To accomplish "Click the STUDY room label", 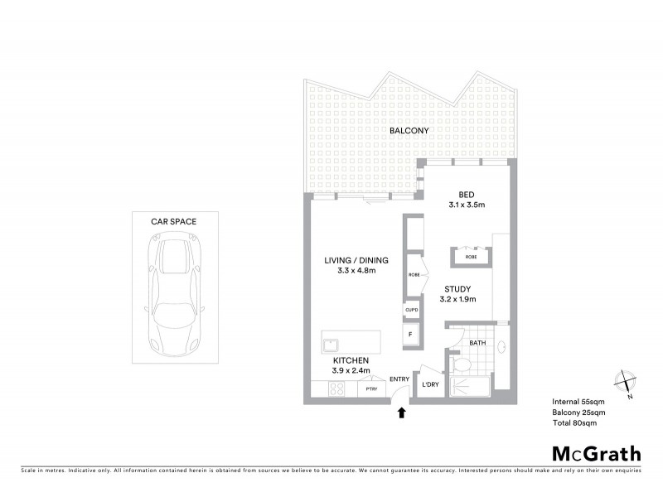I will pyautogui.click(x=457, y=289).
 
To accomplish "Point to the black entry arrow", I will pyautogui.click(x=403, y=411).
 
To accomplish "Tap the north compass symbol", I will pyautogui.click(x=623, y=383).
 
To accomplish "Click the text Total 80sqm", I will pyautogui.click(x=573, y=422).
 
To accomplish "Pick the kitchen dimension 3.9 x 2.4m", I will pyautogui.click(x=351, y=370).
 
